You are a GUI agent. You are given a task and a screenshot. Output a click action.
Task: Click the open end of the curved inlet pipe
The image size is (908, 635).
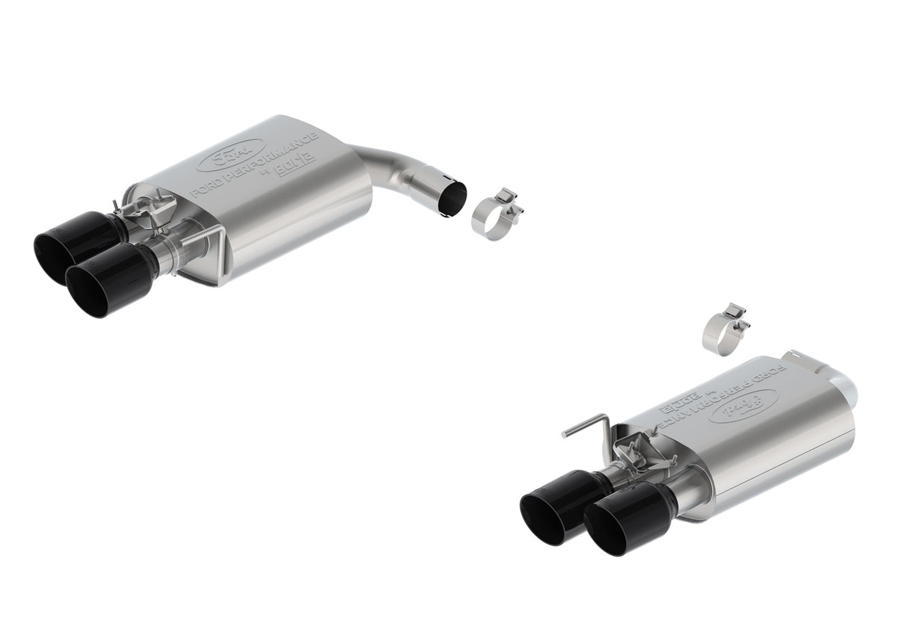[x=452, y=197]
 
